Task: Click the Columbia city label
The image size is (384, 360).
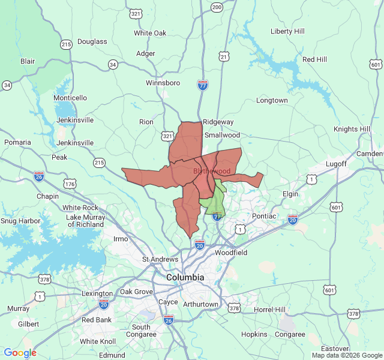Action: (185, 278)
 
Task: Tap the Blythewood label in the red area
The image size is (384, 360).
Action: (212, 172)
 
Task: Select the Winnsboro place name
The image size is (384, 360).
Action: (163, 82)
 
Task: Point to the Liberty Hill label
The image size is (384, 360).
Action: (287, 31)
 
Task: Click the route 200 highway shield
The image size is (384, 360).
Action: (217, 7)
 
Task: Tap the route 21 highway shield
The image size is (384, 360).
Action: (224, 56)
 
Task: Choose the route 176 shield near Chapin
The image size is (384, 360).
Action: (71, 184)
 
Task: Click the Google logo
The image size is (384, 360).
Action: (20, 353)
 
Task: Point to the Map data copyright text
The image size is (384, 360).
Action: (346, 355)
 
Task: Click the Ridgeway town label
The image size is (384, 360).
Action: (218, 122)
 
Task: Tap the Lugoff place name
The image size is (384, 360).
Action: (336, 164)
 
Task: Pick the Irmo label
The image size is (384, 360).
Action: (121, 239)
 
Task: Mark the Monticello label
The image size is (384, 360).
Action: (70, 98)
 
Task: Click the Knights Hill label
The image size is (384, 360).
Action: (352, 129)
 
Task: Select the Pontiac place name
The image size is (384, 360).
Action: (264, 216)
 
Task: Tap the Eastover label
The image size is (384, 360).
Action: (335, 349)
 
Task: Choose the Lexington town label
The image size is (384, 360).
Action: (97, 293)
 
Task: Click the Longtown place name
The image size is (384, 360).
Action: (272, 100)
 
